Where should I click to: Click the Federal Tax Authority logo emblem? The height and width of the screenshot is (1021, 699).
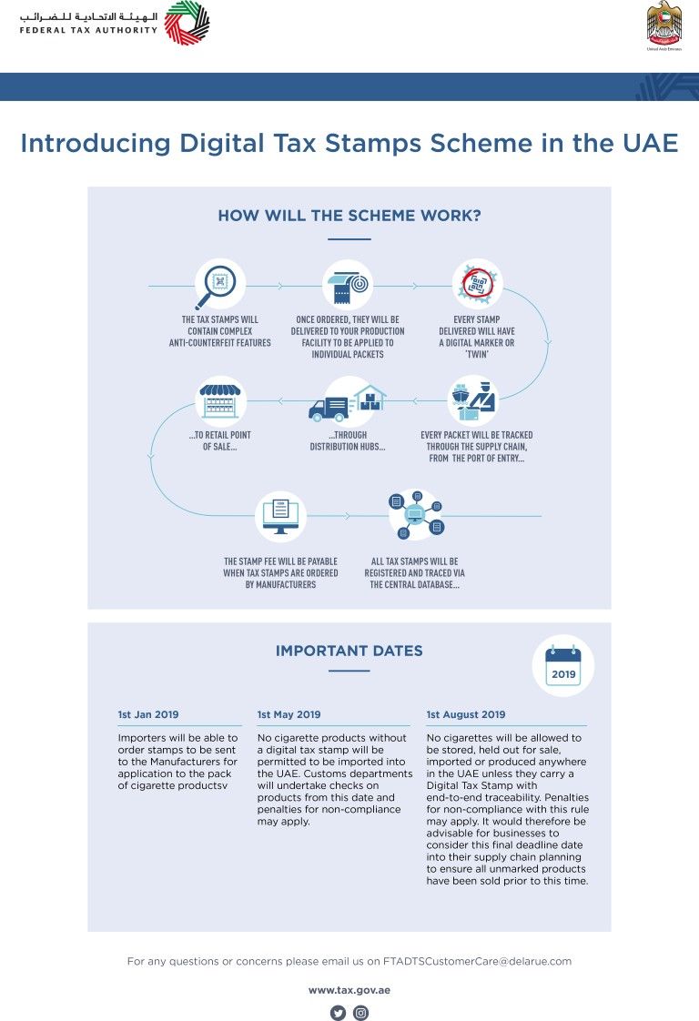click(187, 23)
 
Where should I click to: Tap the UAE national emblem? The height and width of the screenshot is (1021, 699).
click(664, 25)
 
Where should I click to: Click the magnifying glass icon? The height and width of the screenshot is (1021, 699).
click(218, 285)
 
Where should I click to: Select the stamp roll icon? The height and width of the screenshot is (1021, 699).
click(349, 285)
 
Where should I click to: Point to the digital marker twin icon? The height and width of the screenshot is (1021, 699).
click(478, 285)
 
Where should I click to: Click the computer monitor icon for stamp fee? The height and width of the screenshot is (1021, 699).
click(281, 516)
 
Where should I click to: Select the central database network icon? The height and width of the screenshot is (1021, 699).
click(415, 516)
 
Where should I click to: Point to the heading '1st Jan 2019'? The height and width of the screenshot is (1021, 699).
click(148, 714)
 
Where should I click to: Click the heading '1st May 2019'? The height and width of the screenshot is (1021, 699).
click(289, 714)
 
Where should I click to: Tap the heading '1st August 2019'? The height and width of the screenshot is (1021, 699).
click(466, 714)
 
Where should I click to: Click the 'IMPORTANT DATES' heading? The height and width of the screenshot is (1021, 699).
click(349, 651)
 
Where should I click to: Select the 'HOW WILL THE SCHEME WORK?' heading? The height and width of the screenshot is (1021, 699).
click(349, 216)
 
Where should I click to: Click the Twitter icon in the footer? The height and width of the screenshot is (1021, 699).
click(338, 1013)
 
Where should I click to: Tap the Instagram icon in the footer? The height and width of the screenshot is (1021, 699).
click(360, 1013)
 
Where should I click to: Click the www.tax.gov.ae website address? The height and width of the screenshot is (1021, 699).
click(349, 989)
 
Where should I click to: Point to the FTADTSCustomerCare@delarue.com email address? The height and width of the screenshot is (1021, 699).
click(477, 961)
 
